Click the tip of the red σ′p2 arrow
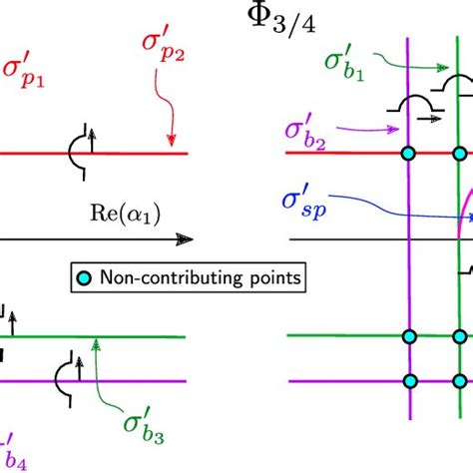pyautogui.click(x=172, y=147)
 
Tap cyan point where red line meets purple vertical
pyautogui.click(x=408, y=154)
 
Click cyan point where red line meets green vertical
pyautogui.click(x=460, y=154)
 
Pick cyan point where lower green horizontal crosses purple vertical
pyautogui.click(x=408, y=335)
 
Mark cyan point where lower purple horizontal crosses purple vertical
pyautogui.click(x=408, y=380)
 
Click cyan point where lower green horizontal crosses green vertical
pyautogui.click(x=460, y=335)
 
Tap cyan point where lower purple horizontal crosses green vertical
pyautogui.click(x=460, y=380)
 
